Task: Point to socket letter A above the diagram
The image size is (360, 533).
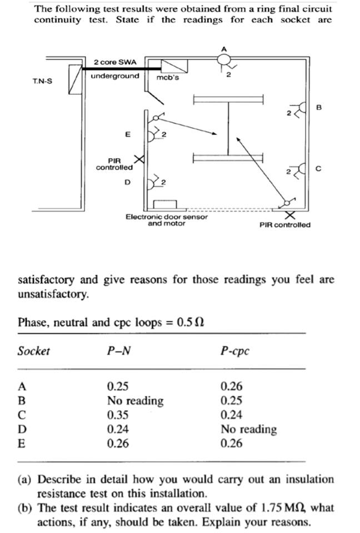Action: (x=224, y=49)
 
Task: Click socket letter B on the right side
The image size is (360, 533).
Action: (x=318, y=107)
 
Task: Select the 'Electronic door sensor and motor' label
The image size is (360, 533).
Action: (x=167, y=220)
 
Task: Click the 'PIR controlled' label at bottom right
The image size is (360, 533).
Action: (x=285, y=225)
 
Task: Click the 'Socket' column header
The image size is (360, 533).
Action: (x=34, y=351)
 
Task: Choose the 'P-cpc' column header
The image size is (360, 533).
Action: (x=235, y=351)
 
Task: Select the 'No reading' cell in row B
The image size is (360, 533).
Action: (x=135, y=400)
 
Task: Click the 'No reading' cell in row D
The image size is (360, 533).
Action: (x=248, y=429)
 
